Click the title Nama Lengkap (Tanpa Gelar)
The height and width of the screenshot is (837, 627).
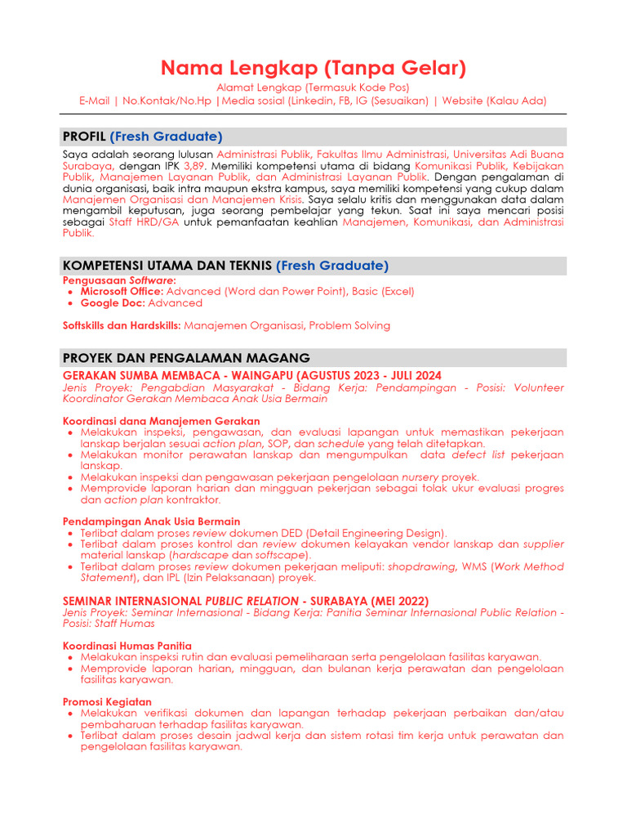point(313,67)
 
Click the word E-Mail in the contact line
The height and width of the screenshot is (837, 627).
point(95,101)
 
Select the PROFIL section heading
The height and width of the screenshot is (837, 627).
point(84,137)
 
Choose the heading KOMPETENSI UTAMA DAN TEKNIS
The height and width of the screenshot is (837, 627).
point(167,266)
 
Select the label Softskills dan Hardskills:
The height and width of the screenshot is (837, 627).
point(122,325)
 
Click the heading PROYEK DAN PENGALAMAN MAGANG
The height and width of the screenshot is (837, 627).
point(186,358)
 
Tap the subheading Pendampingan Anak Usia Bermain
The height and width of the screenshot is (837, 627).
point(152,521)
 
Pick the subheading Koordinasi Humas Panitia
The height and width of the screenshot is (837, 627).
point(127,646)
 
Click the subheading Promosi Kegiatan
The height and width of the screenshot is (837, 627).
point(107,701)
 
